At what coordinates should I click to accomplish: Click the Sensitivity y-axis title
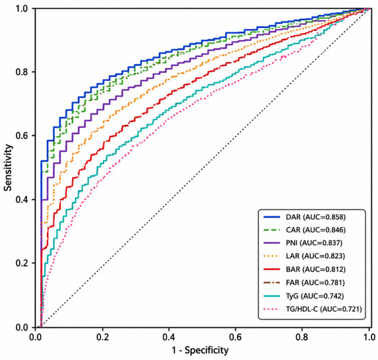tap(8, 168)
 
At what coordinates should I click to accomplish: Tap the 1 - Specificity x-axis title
tap(200, 350)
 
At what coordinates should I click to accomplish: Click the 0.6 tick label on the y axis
tap(22, 135)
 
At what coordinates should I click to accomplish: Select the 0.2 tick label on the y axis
tap(22, 263)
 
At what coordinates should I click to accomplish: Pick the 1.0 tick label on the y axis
tap(22, 8)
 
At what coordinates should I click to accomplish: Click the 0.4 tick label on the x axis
tap(169, 337)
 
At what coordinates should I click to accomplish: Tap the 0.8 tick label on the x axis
tap(302, 337)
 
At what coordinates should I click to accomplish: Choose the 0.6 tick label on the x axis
tap(235, 337)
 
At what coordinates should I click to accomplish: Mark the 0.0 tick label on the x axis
tap(36, 337)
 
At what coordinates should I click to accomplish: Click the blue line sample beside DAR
tap(272, 217)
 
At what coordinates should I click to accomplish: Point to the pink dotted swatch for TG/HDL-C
tap(272, 309)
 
